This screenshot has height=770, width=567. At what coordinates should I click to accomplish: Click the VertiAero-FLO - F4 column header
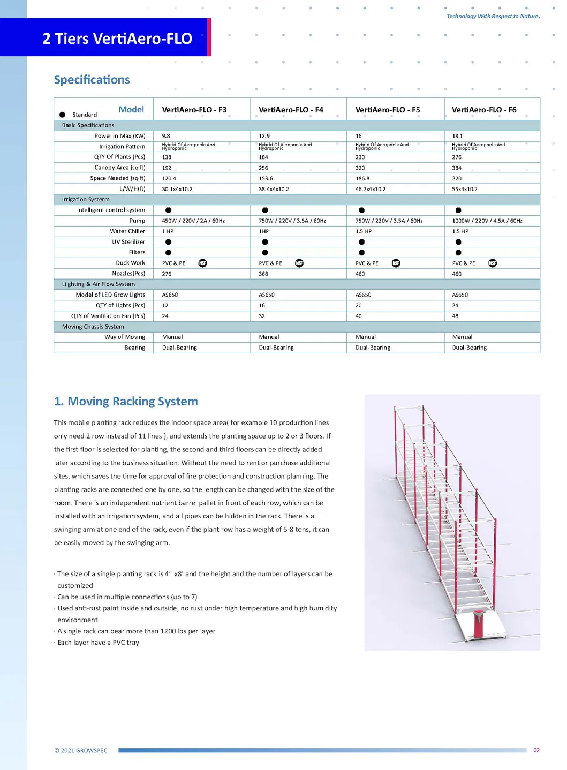pyautogui.click(x=291, y=110)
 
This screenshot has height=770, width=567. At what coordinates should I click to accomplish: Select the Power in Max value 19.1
pyautogui.click(x=457, y=136)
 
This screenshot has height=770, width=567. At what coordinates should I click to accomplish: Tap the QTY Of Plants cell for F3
pyautogui.click(x=167, y=157)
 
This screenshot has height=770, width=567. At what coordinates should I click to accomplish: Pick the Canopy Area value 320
pyautogui.click(x=360, y=168)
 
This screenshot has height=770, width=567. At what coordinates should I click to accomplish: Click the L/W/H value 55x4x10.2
pyautogui.click(x=464, y=189)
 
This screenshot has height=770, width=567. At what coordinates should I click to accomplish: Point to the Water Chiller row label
pyautogui.click(x=127, y=231)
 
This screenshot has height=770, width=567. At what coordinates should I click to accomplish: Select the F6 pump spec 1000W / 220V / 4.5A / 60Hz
pyautogui.click(x=487, y=221)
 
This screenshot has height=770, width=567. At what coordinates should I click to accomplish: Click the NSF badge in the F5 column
pyautogui.click(x=396, y=263)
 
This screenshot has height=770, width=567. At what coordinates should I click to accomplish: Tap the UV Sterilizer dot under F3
pyautogui.click(x=168, y=242)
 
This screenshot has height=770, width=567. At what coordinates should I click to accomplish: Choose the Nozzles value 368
pyautogui.click(x=263, y=274)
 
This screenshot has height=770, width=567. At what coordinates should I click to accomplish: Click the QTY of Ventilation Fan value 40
pyautogui.click(x=358, y=316)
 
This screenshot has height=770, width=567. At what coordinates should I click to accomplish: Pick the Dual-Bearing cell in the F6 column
pyautogui.click(x=469, y=348)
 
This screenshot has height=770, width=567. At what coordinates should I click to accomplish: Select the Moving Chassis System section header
pyautogui.click(x=93, y=327)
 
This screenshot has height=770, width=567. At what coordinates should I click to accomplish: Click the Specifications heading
pyautogui.click(x=92, y=80)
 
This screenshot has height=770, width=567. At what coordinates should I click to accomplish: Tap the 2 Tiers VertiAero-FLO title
pyautogui.click(x=117, y=39)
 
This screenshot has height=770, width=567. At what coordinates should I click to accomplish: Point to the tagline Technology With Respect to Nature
pyautogui.click(x=493, y=16)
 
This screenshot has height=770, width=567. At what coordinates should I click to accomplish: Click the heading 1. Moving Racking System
pyautogui.click(x=126, y=402)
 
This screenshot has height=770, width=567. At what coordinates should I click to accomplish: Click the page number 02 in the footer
pyautogui.click(x=536, y=750)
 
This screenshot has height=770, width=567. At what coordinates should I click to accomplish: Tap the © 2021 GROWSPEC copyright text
pyautogui.click(x=81, y=750)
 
